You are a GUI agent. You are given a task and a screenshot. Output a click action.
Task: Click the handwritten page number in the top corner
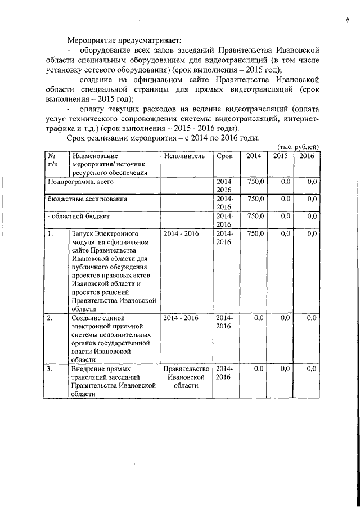click(x=349, y=21)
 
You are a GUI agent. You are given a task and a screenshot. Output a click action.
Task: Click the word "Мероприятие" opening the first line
click(x=92, y=41)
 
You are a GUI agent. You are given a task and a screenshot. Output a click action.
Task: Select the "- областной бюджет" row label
click(x=78, y=215)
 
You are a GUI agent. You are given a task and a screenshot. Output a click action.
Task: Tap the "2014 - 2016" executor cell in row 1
click(x=181, y=233)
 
